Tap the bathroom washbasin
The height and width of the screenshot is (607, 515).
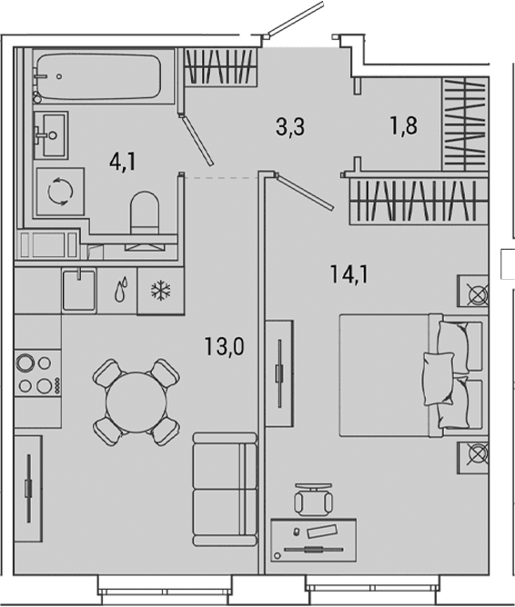[x=51, y=135]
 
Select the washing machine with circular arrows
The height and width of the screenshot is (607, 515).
[x=60, y=191]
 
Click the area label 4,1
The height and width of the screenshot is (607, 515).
[x=123, y=162]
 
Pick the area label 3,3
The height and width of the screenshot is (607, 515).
[x=290, y=126]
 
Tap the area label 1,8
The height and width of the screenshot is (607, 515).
[x=404, y=125]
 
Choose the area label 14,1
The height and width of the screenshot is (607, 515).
[x=349, y=274]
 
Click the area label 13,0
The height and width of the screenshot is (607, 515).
[x=225, y=346]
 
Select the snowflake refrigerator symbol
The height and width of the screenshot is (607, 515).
[x=161, y=291]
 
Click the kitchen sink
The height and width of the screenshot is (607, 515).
[x=79, y=290]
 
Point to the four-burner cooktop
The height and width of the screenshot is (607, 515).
[x=38, y=373]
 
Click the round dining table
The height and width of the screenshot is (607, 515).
[x=136, y=403]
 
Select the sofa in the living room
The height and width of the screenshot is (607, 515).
[x=225, y=490]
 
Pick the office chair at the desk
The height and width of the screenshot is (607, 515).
[x=314, y=500]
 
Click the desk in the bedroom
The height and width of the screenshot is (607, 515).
[x=313, y=540]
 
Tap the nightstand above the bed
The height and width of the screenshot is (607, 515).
[x=473, y=291]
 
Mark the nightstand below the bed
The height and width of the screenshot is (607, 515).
[x=473, y=458]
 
